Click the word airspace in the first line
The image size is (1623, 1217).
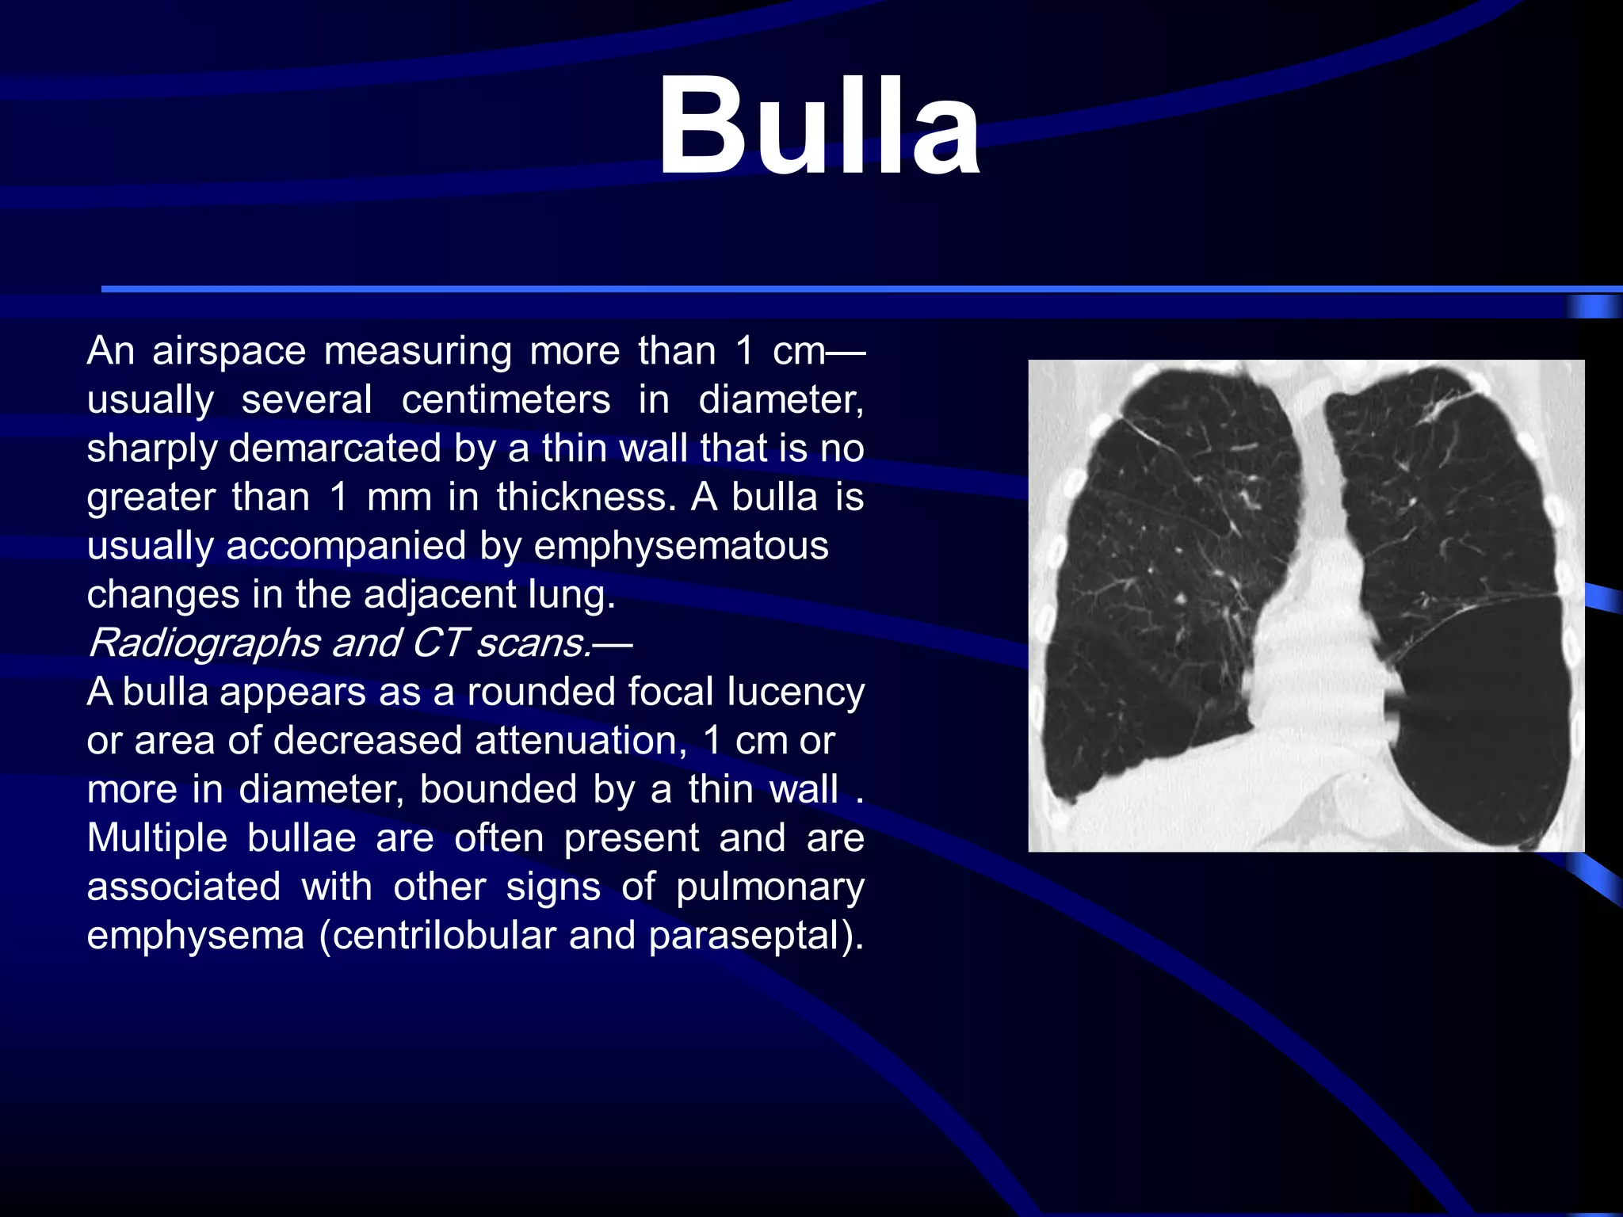[229, 350]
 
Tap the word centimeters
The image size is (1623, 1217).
[506, 399]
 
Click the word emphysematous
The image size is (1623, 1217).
[681, 546]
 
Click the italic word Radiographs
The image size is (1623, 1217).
[204, 643]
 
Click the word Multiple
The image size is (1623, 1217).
[157, 838]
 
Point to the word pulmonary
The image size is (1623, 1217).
[769, 887]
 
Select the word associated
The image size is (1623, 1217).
[184, 887]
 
